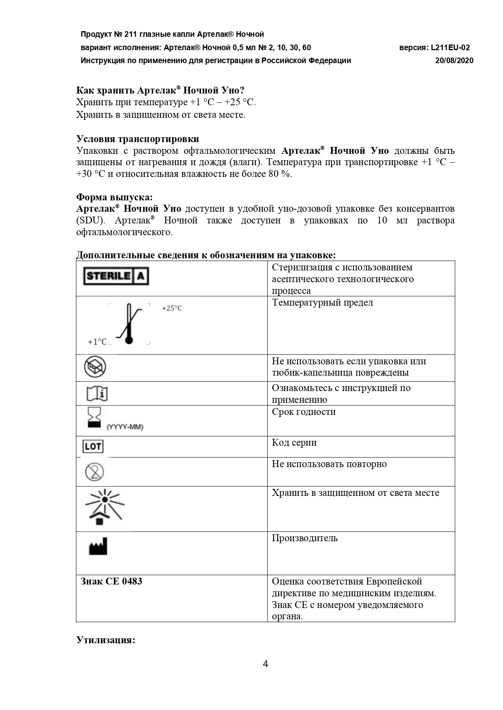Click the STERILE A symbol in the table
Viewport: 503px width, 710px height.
coord(116,276)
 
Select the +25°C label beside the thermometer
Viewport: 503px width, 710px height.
coord(172,308)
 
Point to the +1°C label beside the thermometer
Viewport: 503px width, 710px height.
coord(97,342)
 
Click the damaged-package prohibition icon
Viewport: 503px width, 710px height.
coord(95,367)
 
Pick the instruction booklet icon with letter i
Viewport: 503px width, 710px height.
coord(97,393)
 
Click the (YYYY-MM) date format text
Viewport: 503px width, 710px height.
coord(125,427)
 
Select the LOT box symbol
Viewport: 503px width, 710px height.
coord(93,446)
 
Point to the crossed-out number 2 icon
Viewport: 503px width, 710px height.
coord(94,472)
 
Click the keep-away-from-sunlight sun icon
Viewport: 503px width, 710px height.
coord(104,508)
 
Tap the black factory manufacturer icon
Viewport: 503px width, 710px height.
coord(98,547)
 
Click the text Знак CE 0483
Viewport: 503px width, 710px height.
coord(111,582)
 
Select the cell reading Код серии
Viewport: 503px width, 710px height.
coord(294,442)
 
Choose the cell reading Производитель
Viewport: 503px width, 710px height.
coord(304,538)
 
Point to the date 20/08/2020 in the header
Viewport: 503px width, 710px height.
coord(454,61)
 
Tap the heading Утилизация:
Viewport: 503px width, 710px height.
coord(105,640)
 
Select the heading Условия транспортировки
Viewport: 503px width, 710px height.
coord(137,139)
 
